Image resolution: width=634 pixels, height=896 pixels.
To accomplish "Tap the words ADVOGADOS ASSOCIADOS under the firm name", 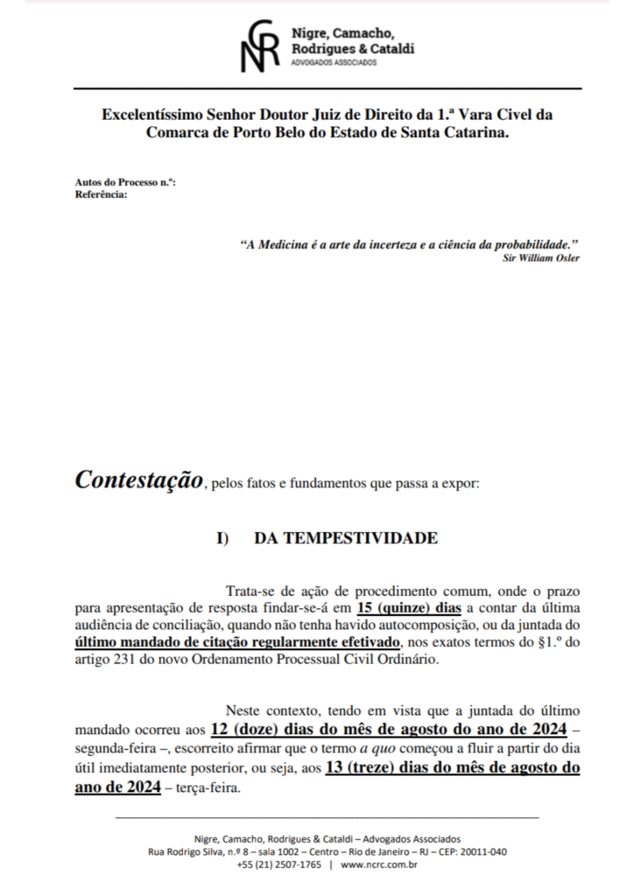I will (334, 63).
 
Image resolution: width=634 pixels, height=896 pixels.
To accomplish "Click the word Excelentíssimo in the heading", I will (149, 115).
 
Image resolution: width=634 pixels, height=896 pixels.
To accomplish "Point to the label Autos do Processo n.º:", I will (126, 183).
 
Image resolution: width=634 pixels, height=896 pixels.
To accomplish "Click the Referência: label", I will (102, 194).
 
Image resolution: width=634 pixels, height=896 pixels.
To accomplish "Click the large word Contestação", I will (138, 480).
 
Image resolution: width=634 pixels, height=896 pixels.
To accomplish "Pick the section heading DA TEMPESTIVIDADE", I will (346, 538).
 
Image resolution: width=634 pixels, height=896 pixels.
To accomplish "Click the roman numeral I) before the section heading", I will (222, 539).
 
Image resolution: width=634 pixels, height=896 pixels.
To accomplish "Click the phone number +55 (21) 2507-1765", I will (278, 865).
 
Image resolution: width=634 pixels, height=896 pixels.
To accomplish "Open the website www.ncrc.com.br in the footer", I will (377, 865).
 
